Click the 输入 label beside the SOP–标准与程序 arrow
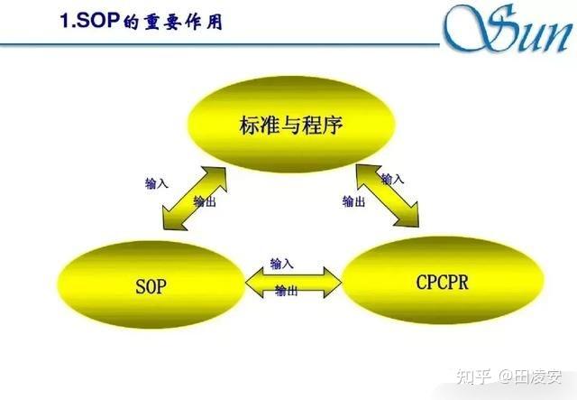[x=156, y=183]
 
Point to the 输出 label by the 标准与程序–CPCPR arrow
[x=354, y=201]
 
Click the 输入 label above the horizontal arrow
[x=282, y=264]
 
